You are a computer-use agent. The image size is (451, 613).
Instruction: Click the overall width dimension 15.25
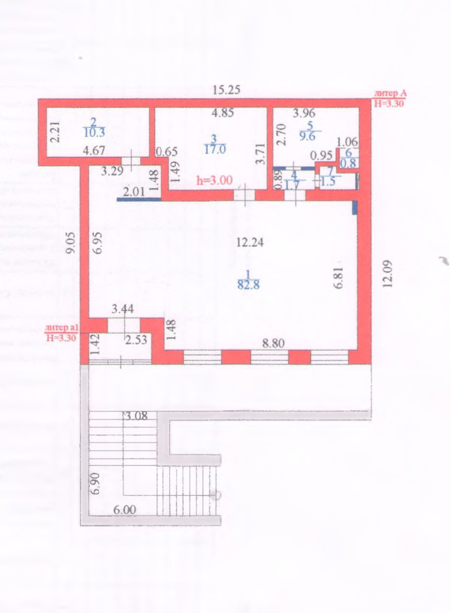[x=226, y=89]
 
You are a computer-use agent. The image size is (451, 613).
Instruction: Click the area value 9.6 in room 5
[x=310, y=136]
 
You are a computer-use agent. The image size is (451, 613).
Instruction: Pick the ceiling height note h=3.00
[x=214, y=180]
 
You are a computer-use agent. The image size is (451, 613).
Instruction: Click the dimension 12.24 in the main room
[x=250, y=242]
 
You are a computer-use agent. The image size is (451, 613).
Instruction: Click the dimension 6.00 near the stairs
[x=125, y=510]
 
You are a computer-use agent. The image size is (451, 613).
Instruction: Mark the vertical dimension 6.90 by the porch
[x=95, y=483]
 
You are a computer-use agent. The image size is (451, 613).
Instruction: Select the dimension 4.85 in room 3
[x=222, y=112]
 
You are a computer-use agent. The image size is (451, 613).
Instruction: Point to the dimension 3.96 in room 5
[x=304, y=113]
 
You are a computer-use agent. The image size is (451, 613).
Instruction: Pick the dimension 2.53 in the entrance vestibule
[x=136, y=341]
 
